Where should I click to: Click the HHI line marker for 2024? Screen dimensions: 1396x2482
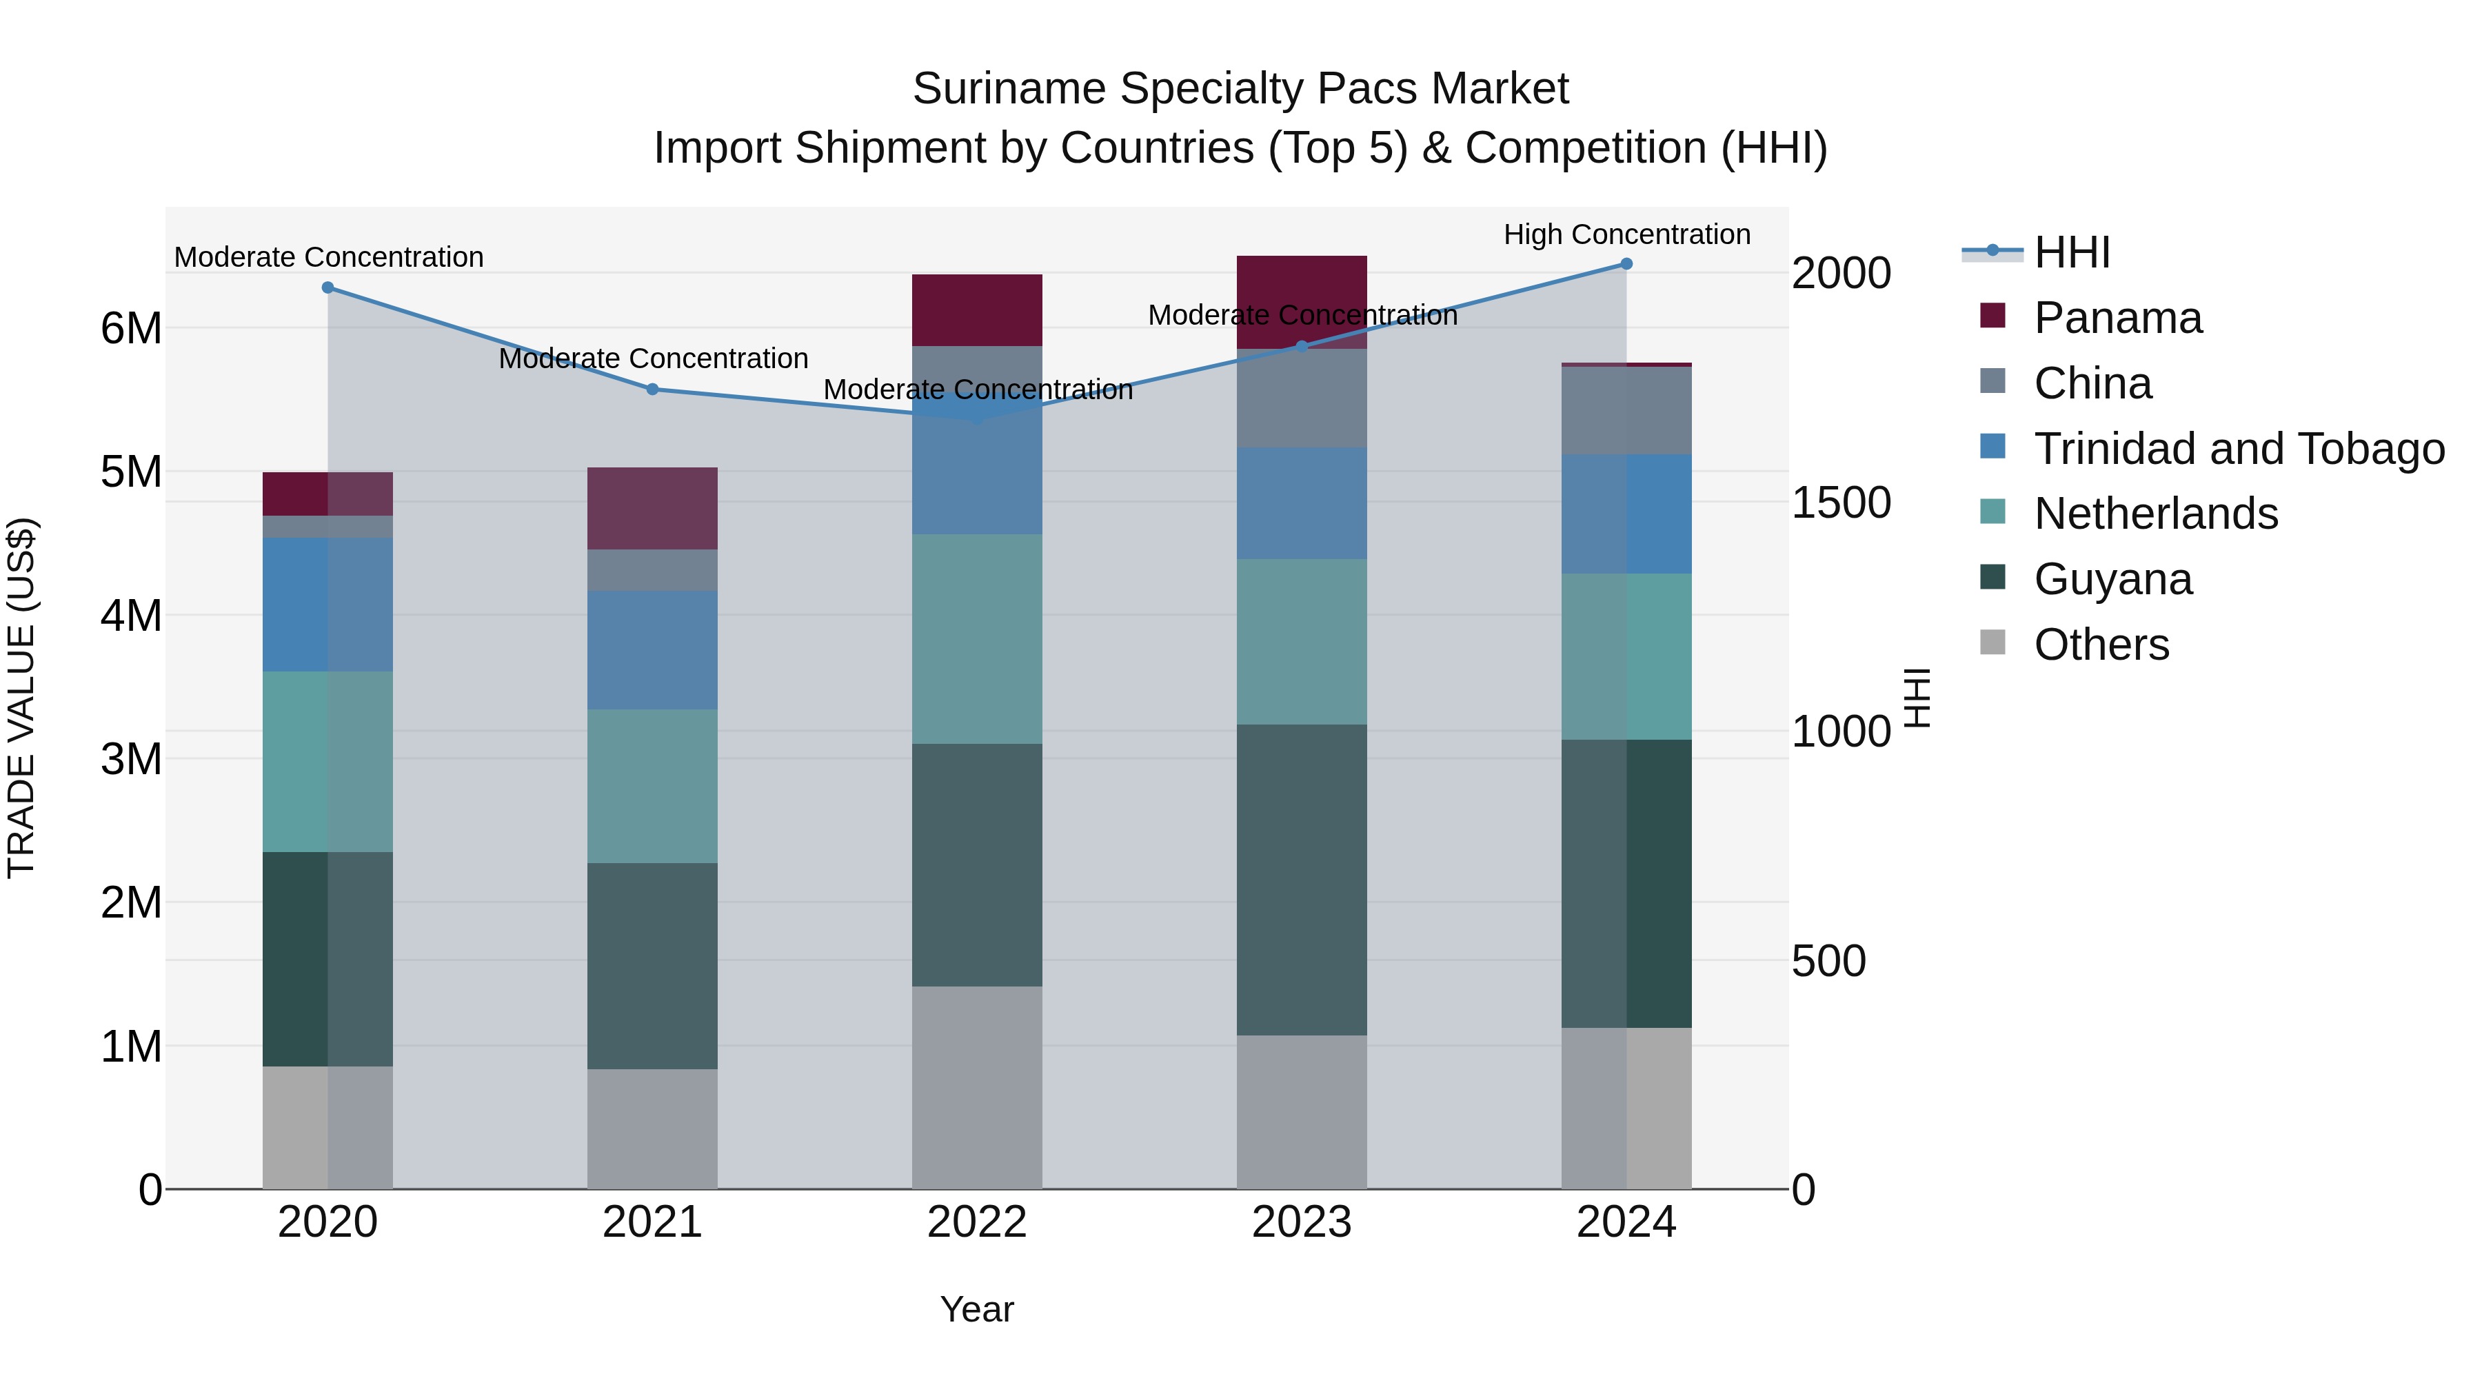(1626, 264)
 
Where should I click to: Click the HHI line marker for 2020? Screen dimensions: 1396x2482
(327, 287)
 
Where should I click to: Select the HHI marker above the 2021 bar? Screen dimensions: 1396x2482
(652, 390)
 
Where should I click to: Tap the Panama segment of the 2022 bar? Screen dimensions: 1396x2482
(977, 310)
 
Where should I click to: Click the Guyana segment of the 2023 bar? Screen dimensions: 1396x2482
(1302, 880)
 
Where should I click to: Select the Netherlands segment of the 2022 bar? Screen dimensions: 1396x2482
(977, 639)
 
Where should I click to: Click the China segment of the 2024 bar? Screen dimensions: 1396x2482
(1626, 410)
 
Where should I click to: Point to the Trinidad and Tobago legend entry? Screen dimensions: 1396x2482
(2238, 449)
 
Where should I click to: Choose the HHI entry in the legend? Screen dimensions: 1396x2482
(2072, 252)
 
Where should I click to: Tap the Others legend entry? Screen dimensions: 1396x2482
(2101, 645)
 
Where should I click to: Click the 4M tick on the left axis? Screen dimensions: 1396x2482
(131, 616)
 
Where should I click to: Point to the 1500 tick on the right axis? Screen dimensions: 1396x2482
(1840, 502)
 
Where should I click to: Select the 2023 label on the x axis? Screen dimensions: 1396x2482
(1302, 1222)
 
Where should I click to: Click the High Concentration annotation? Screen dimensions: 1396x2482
(1626, 234)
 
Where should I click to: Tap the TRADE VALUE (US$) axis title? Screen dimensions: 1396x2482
(21, 698)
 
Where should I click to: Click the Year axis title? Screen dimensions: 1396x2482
(977, 1309)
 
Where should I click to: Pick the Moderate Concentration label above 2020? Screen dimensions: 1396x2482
(329, 257)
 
